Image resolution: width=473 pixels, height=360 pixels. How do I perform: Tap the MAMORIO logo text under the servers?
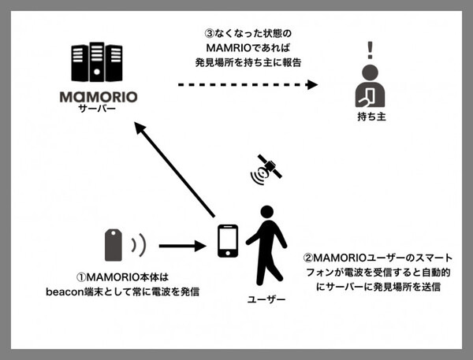pos(99,98)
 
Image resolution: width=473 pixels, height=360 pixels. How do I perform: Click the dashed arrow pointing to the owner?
pos(252,84)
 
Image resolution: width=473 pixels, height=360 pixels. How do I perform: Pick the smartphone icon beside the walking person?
pos(227,240)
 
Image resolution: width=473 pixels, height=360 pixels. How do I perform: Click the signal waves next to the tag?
pos(140,246)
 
